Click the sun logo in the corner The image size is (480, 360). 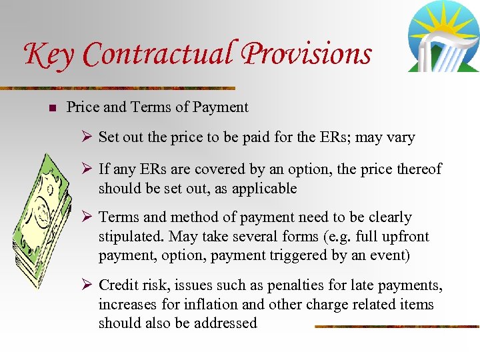[443, 37]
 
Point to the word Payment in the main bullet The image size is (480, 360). [223, 107]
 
